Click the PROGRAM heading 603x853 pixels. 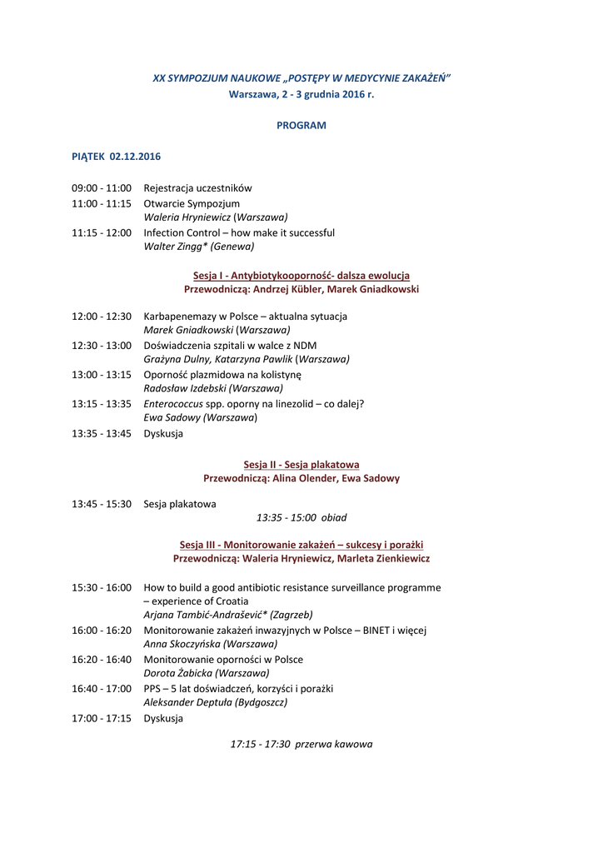[x=301, y=126]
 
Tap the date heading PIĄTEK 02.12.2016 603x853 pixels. [x=116, y=157]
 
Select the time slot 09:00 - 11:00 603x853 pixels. [x=102, y=188]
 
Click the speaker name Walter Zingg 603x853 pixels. [x=173, y=247]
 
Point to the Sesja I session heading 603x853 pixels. [x=301, y=276]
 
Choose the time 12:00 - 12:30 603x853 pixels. [x=102, y=317]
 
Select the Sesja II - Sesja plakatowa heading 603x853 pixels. [x=301, y=465]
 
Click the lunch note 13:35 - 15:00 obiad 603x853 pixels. [x=301, y=517]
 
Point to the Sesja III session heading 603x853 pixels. [x=301, y=545]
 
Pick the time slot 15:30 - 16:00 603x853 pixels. [x=102, y=587]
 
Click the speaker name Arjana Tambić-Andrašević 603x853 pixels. [x=200, y=615]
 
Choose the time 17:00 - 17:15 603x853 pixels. [x=102, y=718]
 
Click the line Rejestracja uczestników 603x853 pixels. [x=197, y=188]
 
